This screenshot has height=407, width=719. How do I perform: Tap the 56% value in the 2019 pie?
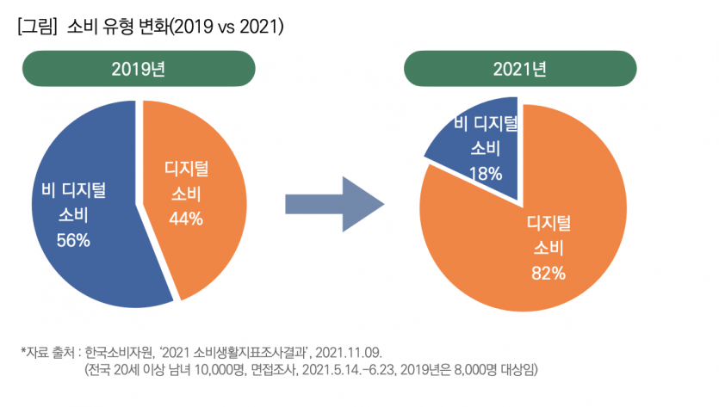click(73, 240)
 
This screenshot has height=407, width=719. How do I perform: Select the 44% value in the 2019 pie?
click(186, 219)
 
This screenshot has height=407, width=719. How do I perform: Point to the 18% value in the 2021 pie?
click(486, 173)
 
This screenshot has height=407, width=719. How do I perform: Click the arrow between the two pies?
click(332, 205)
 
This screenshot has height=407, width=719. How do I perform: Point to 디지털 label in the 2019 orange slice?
click(187, 169)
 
